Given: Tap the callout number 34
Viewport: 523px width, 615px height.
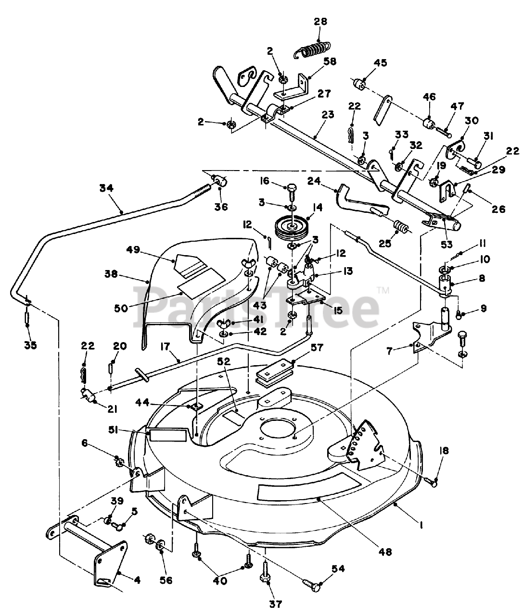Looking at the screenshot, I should (106, 189).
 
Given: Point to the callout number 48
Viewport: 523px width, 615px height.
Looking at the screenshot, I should (385, 552).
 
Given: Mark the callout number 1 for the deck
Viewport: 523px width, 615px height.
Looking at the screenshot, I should (421, 526).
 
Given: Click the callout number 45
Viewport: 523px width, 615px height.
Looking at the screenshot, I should (380, 63).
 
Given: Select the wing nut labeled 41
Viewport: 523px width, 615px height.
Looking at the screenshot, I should (224, 323).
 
